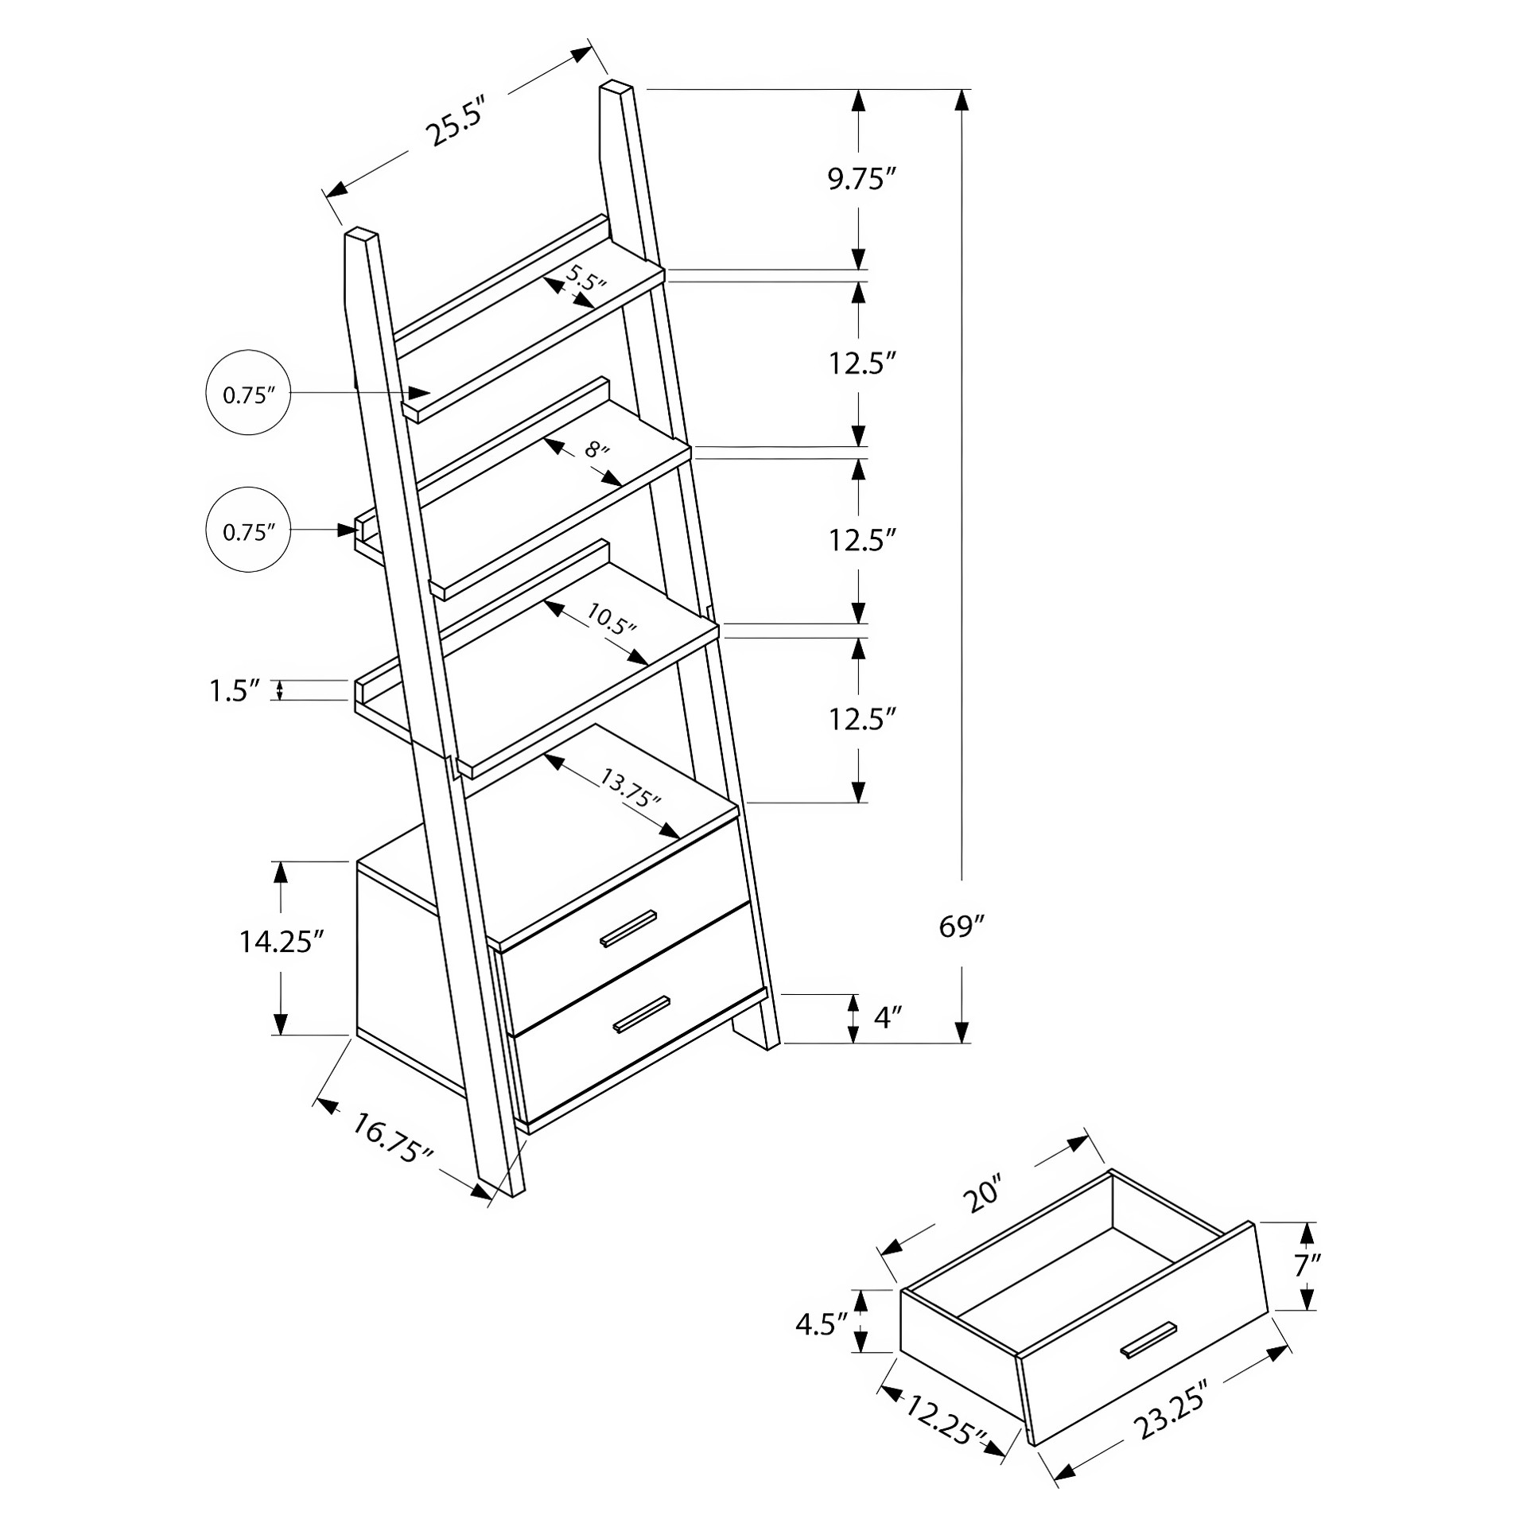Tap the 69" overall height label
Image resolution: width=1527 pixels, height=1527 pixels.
click(962, 927)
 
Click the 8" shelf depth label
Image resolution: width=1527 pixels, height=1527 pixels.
click(597, 451)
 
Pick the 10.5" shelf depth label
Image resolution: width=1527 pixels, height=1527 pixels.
click(612, 617)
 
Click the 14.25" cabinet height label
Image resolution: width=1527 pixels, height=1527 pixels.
click(282, 942)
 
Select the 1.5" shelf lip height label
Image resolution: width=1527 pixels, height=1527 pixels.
click(235, 691)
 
